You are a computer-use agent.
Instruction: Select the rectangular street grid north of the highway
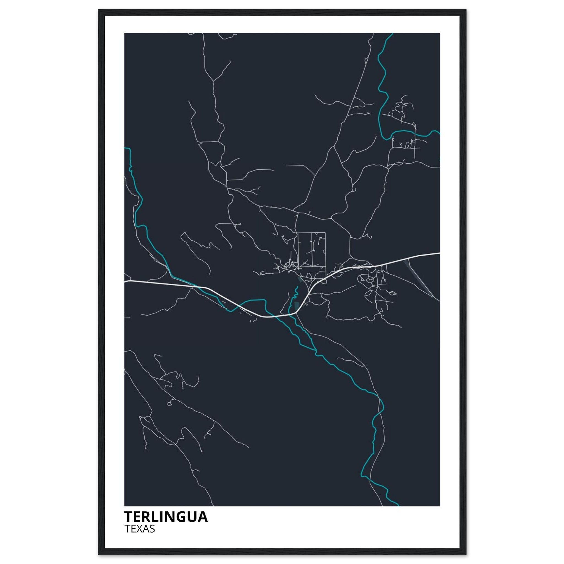click(x=311, y=250)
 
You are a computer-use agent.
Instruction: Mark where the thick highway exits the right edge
click(x=439, y=253)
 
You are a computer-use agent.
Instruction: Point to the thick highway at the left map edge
click(x=125, y=282)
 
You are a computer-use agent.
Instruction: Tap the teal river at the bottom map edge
click(x=397, y=505)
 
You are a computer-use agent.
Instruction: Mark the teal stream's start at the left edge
click(x=125, y=148)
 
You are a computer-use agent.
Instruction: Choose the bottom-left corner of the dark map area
click(x=125, y=505)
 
